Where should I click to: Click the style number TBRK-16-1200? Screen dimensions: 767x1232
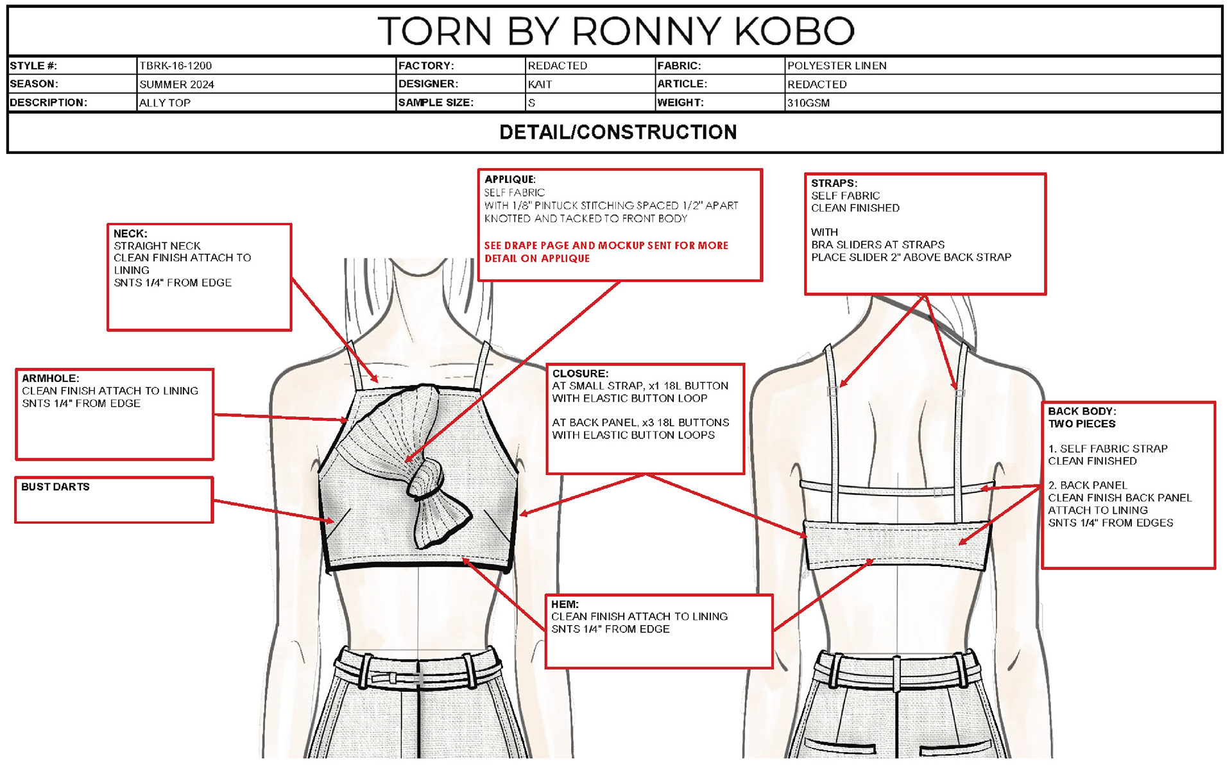(176, 65)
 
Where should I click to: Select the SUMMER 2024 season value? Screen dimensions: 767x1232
(177, 84)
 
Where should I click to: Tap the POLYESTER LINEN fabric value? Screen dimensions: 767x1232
(837, 65)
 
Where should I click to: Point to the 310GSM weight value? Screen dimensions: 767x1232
(809, 103)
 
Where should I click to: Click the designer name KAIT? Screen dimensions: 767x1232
(540, 84)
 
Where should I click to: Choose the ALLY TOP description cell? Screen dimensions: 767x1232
(165, 103)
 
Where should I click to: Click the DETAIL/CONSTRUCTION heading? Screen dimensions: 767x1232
(618, 132)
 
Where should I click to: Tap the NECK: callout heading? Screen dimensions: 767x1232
(130, 234)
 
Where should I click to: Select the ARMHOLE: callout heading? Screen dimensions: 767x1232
(51, 379)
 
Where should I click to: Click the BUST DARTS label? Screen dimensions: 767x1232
(55, 487)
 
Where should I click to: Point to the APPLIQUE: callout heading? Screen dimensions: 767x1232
(510, 180)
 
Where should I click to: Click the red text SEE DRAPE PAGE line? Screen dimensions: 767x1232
(606, 246)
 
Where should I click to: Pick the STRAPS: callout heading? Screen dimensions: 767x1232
(834, 184)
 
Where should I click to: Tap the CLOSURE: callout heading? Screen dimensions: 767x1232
(580, 374)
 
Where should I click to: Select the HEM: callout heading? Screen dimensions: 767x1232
(565, 605)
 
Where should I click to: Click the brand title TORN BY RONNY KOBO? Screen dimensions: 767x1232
(616, 31)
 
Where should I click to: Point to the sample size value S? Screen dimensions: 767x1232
(531, 103)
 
